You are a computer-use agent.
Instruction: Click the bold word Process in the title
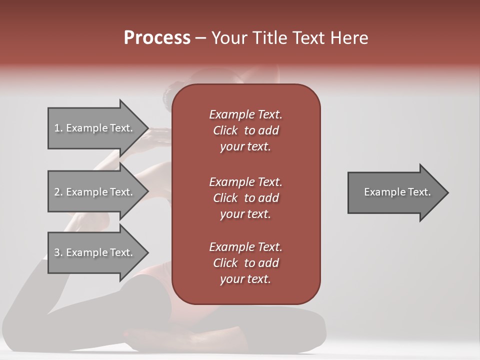(x=157, y=38)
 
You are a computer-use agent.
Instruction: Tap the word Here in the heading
(x=349, y=38)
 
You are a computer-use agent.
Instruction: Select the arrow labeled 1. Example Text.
(x=93, y=128)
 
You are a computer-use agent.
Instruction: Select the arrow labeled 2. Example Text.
(x=93, y=192)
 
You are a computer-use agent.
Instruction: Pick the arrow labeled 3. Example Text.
(x=93, y=252)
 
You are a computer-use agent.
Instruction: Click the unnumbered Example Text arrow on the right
(x=397, y=192)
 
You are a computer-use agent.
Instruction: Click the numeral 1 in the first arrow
(x=56, y=128)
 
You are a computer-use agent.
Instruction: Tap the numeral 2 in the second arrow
(x=56, y=192)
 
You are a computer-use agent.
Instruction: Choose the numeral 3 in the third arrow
(x=56, y=252)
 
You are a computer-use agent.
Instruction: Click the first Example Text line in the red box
(x=245, y=114)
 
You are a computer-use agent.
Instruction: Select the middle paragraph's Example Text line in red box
(x=245, y=182)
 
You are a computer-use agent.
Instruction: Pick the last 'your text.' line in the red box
(x=245, y=279)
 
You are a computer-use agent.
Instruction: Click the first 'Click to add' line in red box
(x=245, y=130)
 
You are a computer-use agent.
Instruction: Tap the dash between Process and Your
(x=201, y=38)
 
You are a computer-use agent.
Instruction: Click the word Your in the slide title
(x=228, y=38)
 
